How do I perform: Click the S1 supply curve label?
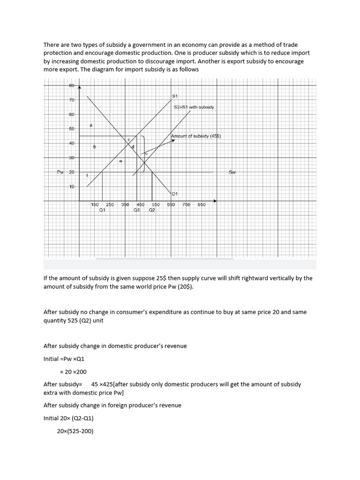pyautogui.click(x=175, y=96)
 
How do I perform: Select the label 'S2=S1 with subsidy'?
pyautogui.click(x=194, y=107)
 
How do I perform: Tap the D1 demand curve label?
pyautogui.click(x=175, y=193)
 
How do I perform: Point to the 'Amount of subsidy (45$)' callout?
pyautogui.click(x=196, y=136)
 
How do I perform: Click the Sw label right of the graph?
pyautogui.click(x=232, y=172)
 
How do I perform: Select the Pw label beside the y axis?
pyautogui.click(x=60, y=172)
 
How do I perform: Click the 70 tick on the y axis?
pyautogui.click(x=72, y=100)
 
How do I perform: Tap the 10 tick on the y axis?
pyautogui.click(x=72, y=187)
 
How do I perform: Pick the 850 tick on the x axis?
pyautogui.click(x=202, y=205)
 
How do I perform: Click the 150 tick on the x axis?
pyautogui.click(x=95, y=205)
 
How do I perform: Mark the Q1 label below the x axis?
pyautogui.click(x=102, y=210)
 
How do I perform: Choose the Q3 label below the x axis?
pyautogui.click(x=136, y=210)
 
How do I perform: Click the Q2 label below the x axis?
pyautogui.click(x=152, y=210)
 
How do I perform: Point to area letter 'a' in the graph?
pyautogui.click(x=90, y=125)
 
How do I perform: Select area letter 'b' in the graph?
pyautogui.click(x=94, y=147)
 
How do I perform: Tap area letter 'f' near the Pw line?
pyautogui.click(x=87, y=175)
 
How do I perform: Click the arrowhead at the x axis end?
pyautogui.click(x=215, y=201)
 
